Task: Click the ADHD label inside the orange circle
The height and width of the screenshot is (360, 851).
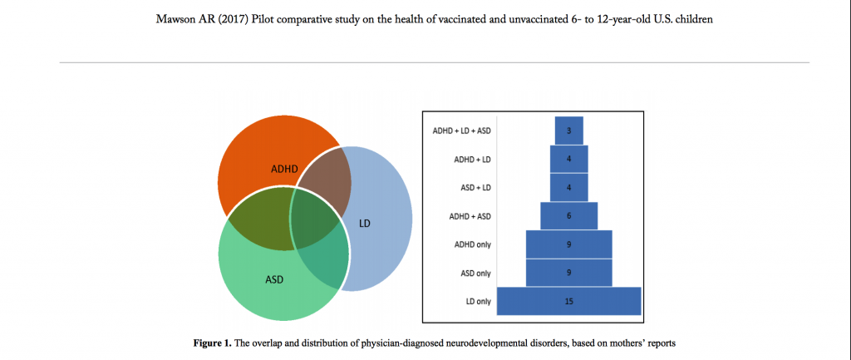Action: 284,168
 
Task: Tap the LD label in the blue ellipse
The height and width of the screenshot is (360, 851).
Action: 365,224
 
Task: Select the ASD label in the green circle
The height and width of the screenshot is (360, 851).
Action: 274,279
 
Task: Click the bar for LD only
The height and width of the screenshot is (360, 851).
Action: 568,300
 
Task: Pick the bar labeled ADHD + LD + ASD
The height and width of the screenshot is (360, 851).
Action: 568,131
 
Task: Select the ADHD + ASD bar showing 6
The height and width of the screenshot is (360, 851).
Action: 568,215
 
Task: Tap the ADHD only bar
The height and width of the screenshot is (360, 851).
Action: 568,244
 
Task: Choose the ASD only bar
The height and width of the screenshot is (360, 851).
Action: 568,272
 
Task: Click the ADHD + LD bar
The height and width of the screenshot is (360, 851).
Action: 568,159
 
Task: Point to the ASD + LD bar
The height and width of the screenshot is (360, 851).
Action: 568,187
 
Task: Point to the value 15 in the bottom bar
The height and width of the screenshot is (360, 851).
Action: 568,300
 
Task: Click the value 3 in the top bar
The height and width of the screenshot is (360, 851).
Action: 568,131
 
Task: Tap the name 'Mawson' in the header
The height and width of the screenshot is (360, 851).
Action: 176,19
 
